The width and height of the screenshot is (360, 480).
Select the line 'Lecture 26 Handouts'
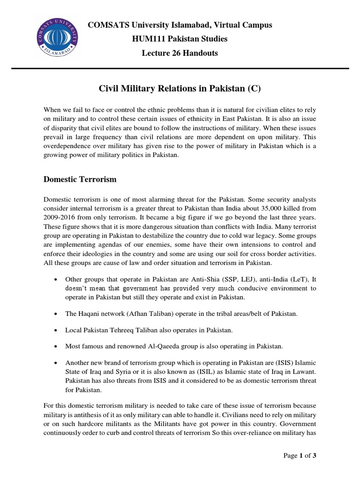[180, 53]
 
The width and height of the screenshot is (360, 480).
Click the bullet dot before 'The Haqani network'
[56, 314]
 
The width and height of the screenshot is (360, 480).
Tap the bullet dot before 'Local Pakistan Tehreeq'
[56, 330]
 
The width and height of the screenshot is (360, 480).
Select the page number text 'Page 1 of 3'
[303, 455]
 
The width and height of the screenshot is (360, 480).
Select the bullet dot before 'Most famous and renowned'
[56, 347]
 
